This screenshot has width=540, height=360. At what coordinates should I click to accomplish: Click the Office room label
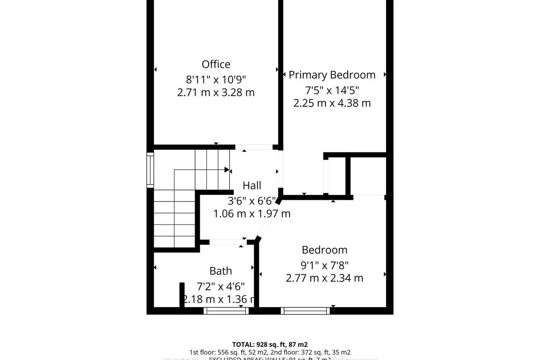pos(216,64)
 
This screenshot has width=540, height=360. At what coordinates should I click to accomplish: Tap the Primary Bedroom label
pos(332,75)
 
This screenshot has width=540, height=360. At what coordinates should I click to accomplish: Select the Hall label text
pos(252,186)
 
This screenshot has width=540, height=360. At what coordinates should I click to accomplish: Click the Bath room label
pos(221,271)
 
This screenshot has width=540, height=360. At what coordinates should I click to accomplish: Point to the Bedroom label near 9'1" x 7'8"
pos(324,250)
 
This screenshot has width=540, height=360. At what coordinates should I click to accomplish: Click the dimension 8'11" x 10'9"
pos(216,80)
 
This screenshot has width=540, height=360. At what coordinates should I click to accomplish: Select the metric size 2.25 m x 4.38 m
pos(332,103)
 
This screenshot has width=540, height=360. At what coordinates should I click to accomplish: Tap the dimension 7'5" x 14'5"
pos(332,90)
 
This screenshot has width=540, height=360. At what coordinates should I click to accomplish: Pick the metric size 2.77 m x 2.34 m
pos(324,278)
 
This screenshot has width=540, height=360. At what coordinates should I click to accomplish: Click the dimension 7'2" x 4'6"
pos(221,287)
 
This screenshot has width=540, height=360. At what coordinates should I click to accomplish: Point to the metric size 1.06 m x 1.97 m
pos(252,214)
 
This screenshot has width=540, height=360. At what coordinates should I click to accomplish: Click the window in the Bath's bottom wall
pos(226,311)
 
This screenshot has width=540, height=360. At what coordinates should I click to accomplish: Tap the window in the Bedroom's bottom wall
pos(305,311)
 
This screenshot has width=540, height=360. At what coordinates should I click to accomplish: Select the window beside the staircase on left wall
pos(150,170)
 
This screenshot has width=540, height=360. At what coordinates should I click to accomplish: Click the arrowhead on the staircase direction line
pos(227,170)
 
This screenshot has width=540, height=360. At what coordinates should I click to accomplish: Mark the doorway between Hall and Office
pos(254,147)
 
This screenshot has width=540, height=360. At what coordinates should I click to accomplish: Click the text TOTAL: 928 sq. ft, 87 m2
pos(270,345)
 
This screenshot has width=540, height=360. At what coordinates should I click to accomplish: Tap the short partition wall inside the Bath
pos(182,294)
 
